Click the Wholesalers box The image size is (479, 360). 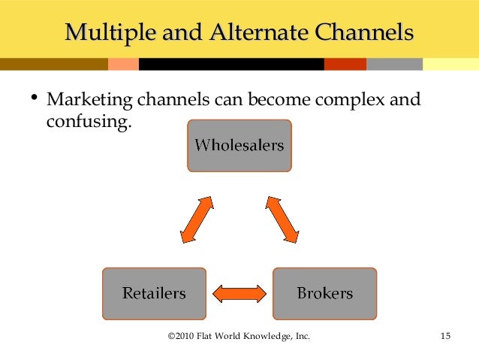point(239,145)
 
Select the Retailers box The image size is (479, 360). point(154,293)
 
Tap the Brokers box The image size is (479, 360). point(324,293)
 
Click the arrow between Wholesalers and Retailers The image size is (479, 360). point(197,219)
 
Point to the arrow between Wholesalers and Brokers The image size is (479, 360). point(282,219)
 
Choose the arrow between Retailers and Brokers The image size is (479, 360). point(239,292)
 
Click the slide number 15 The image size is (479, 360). point(444,336)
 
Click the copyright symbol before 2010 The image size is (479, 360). point(170,336)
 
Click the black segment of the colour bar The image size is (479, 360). point(225,65)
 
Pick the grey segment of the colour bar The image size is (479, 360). point(394,65)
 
